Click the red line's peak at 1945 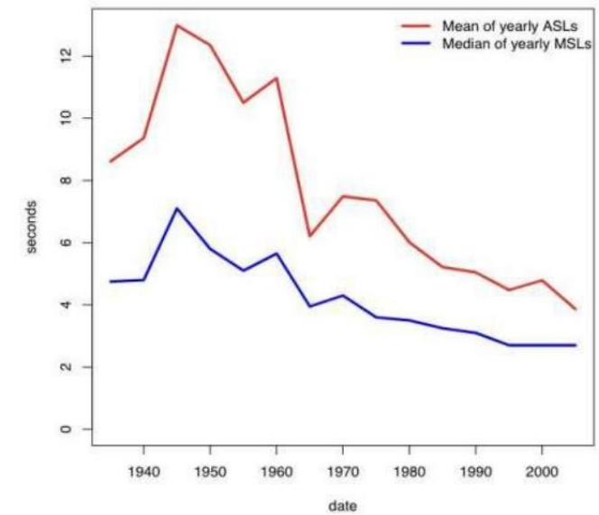[x=177, y=25]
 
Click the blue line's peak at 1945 [x=177, y=208]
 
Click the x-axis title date [x=343, y=506]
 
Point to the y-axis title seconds [x=32, y=227]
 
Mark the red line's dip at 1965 [x=309, y=235]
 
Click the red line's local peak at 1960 [x=276, y=78]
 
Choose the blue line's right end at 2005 [x=575, y=345]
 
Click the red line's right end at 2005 [x=575, y=309]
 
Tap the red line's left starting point [x=111, y=161]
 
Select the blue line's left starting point [x=111, y=281]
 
